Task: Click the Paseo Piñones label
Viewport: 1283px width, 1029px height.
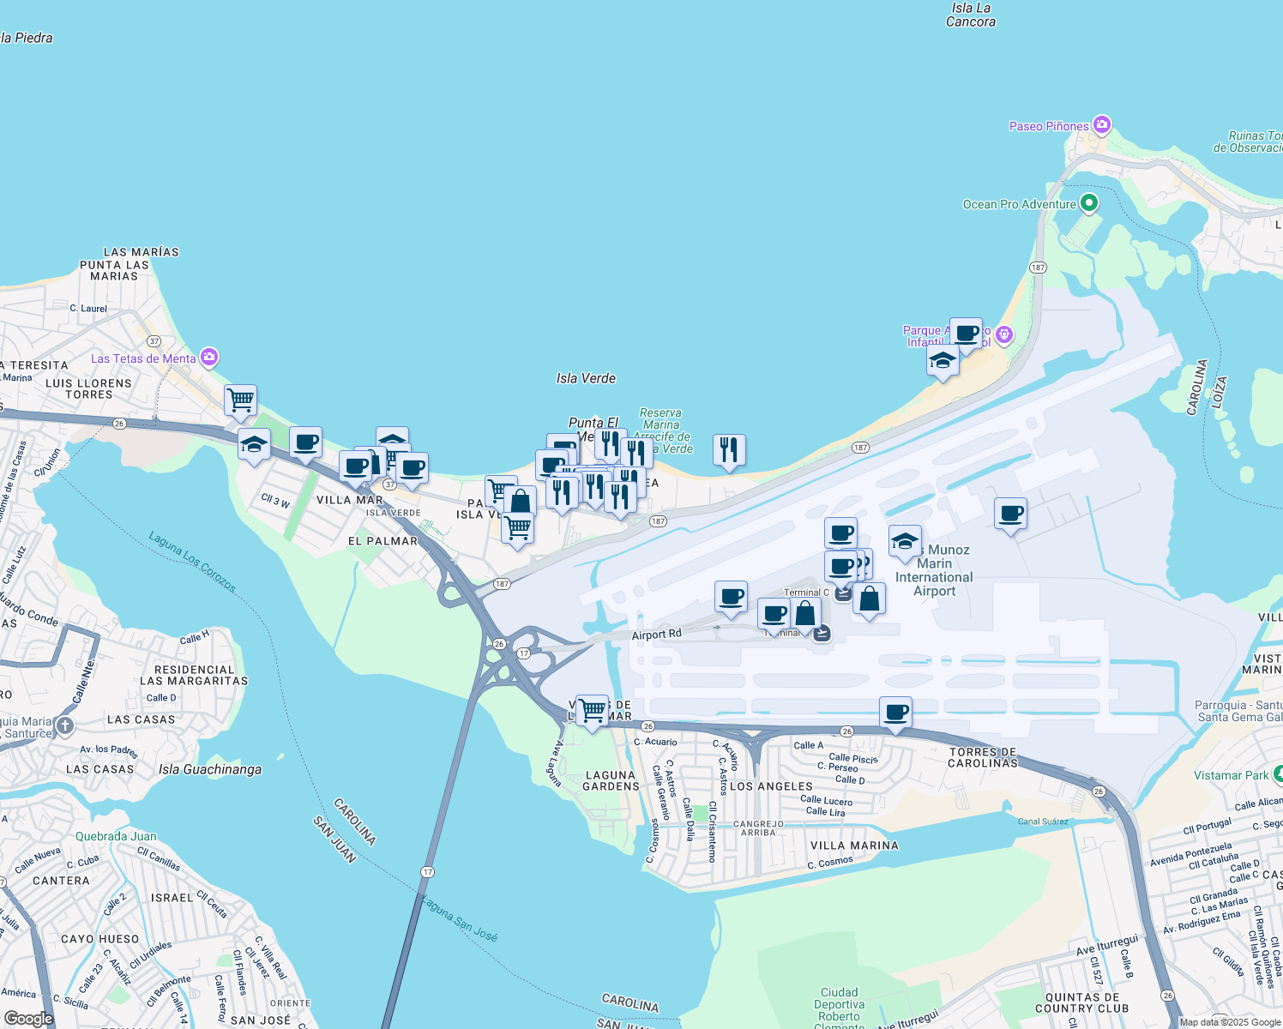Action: [x=1049, y=126]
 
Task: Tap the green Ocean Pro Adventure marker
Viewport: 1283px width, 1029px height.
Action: [x=1089, y=203]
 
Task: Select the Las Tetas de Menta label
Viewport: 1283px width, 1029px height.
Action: [x=143, y=358]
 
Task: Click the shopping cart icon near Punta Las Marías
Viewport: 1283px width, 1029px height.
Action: [x=241, y=400]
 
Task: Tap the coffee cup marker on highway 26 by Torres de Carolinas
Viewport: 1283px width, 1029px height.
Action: [x=895, y=713]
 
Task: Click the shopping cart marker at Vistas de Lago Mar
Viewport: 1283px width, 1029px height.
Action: [x=592, y=710]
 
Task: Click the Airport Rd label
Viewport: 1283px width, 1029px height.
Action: [x=656, y=635]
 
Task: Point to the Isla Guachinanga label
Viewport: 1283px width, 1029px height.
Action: [x=210, y=769]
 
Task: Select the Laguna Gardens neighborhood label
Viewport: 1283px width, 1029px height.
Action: [x=611, y=780]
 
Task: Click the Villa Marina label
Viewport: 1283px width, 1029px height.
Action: [x=854, y=845]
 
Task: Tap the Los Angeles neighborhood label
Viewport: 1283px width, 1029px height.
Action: [x=771, y=786]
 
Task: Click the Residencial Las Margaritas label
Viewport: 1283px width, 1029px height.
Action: [x=194, y=675]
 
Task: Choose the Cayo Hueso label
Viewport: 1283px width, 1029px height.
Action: [x=100, y=939]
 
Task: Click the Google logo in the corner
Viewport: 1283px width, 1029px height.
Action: [x=28, y=1018]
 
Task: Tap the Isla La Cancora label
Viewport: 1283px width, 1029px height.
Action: [x=971, y=15]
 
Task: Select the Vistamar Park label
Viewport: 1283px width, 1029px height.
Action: [x=1231, y=775]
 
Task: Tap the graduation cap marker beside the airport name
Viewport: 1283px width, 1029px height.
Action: [x=904, y=541]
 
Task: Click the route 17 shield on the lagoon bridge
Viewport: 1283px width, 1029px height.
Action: [x=427, y=871]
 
